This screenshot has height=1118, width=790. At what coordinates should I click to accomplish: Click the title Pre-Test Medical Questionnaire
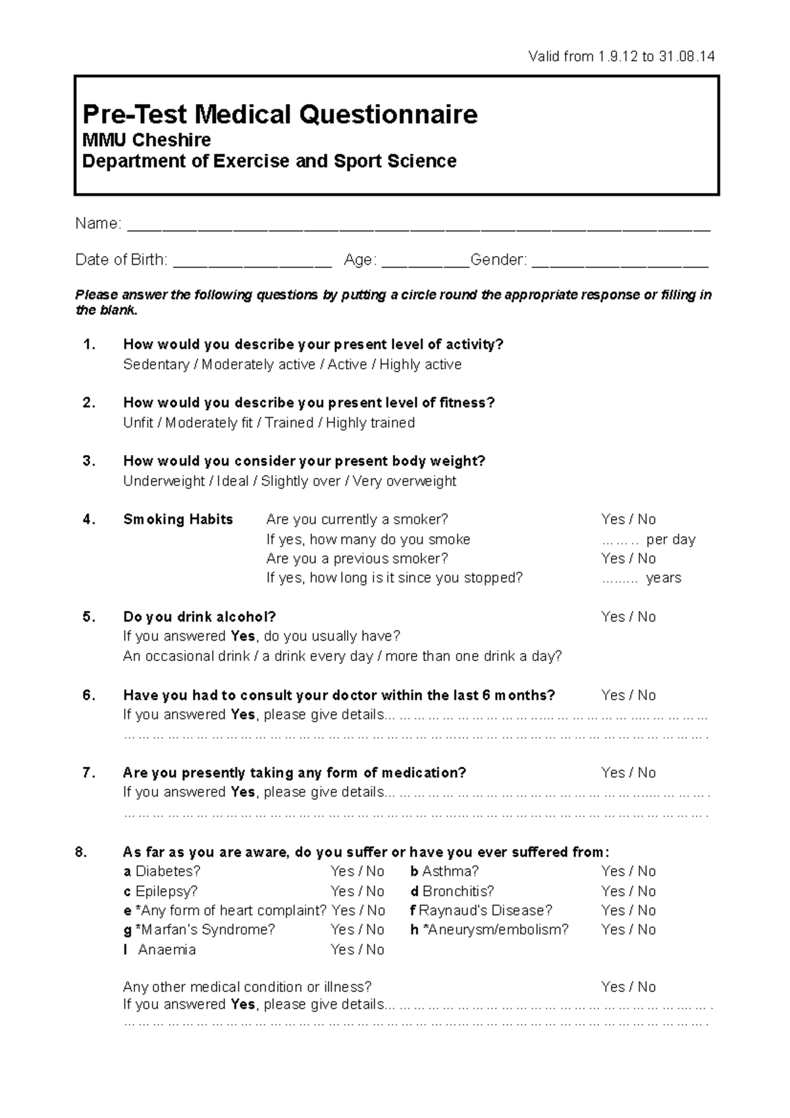[280, 115]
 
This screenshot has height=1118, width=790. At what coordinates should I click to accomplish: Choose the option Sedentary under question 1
[156, 365]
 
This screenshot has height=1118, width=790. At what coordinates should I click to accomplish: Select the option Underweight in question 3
[164, 481]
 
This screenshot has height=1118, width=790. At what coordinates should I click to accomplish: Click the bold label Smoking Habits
[178, 519]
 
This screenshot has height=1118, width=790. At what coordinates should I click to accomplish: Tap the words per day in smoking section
[670, 540]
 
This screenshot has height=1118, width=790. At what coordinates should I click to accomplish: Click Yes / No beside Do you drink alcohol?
[628, 617]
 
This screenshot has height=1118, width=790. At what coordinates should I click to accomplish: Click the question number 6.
[89, 695]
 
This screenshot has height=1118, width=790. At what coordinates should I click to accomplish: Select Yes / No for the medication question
[628, 773]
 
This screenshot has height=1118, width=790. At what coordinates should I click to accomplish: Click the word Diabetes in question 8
[167, 872]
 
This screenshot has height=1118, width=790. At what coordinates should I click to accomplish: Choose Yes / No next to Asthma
[628, 872]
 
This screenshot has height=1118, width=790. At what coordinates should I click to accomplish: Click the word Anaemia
[167, 949]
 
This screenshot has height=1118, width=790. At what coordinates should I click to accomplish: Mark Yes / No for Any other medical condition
[628, 987]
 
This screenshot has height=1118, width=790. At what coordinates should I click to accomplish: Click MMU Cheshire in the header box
[146, 140]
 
